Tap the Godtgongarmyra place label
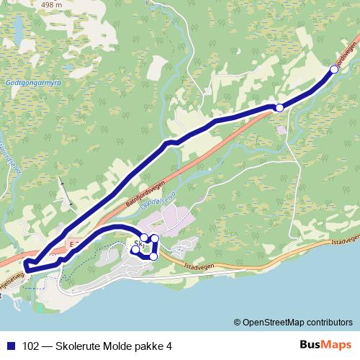pos(32,83)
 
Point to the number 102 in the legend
pos(32,345)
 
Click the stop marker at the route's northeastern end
pos(335,68)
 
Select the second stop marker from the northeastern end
pos(279,107)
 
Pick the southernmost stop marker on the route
pos(153,256)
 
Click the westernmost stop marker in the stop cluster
pos(135,251)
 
